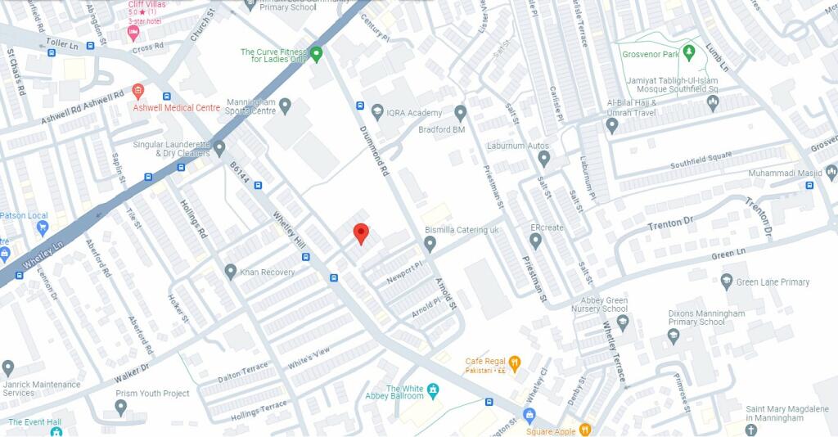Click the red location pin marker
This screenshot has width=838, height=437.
click(x=361, y=234)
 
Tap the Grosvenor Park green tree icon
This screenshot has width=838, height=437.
click(x=689, y=52)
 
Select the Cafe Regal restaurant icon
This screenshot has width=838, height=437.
click(x=515, y=363)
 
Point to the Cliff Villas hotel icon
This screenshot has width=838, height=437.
click(x=133, y=33)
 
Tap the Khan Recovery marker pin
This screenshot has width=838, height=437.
click(x=231, y=271)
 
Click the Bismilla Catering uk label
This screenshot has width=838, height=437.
click(x=461, y=230)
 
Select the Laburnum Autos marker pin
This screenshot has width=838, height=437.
click(x=543, y=157)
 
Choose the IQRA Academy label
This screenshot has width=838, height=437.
click(x=414, y=113)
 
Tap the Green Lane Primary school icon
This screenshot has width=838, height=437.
click(x=726, y=282)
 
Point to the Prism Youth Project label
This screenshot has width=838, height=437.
click(x=152, y=394)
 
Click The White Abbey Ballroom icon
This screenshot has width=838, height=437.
click(x=433, y=390)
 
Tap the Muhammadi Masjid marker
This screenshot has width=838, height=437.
click(x=831, y=172)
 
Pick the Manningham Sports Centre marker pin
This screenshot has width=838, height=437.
click(x=285, y=105)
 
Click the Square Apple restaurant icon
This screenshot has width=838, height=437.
click(x=584, y=430)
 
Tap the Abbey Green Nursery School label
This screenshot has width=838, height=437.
click(x=604, y=304)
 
